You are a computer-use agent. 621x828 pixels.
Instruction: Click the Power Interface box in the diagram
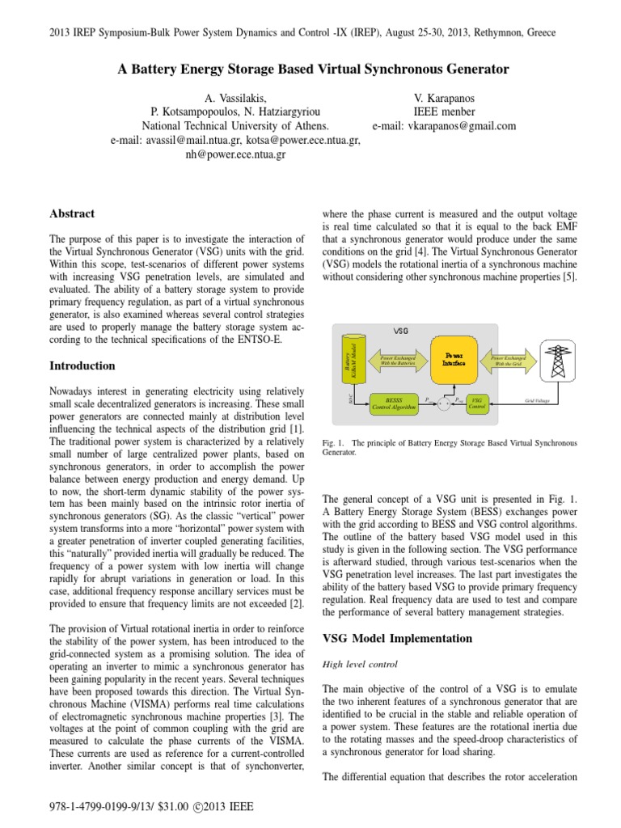pos(452,359)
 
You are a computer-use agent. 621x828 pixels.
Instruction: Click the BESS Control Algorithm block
pos(393,402)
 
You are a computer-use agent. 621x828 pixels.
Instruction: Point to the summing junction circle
pos(442,402)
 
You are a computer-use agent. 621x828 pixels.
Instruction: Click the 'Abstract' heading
pos(72,213)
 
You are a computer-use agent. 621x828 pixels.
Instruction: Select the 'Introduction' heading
pos(82,365)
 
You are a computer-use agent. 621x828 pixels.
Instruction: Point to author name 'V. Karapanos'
pos(444,96)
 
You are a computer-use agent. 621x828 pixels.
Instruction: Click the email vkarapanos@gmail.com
pos(444,125)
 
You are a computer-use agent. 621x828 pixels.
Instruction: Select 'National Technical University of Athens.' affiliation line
pos(235,125)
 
